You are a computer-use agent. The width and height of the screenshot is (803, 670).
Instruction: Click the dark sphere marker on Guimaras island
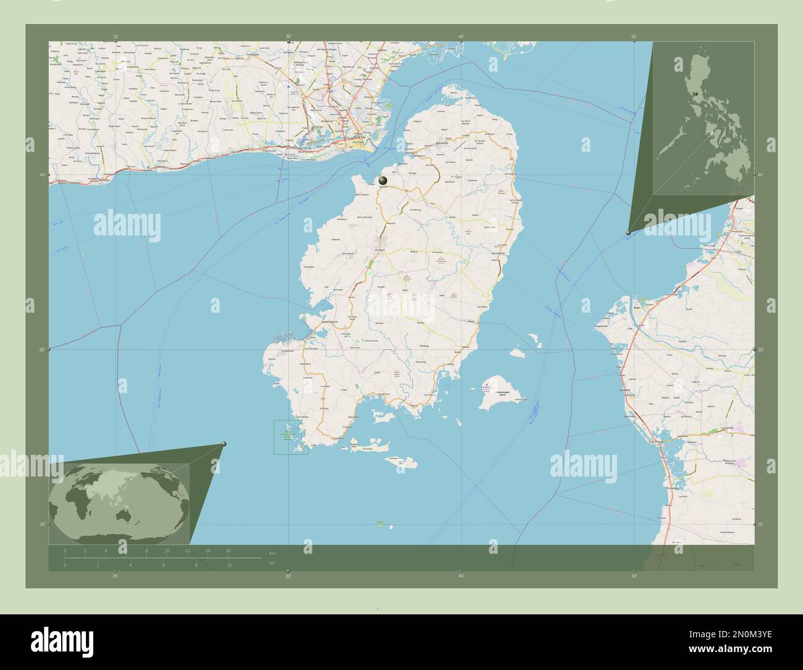click(383, 180)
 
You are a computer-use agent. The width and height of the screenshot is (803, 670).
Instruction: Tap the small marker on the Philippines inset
click(696, 93)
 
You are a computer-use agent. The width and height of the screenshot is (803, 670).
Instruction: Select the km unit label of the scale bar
click(272, 552)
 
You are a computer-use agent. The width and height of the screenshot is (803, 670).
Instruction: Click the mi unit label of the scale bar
click(272, 564)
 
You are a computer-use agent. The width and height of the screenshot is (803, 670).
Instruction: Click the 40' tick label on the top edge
click(461, 36)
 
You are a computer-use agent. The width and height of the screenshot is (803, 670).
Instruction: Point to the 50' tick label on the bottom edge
click(634, 576)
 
